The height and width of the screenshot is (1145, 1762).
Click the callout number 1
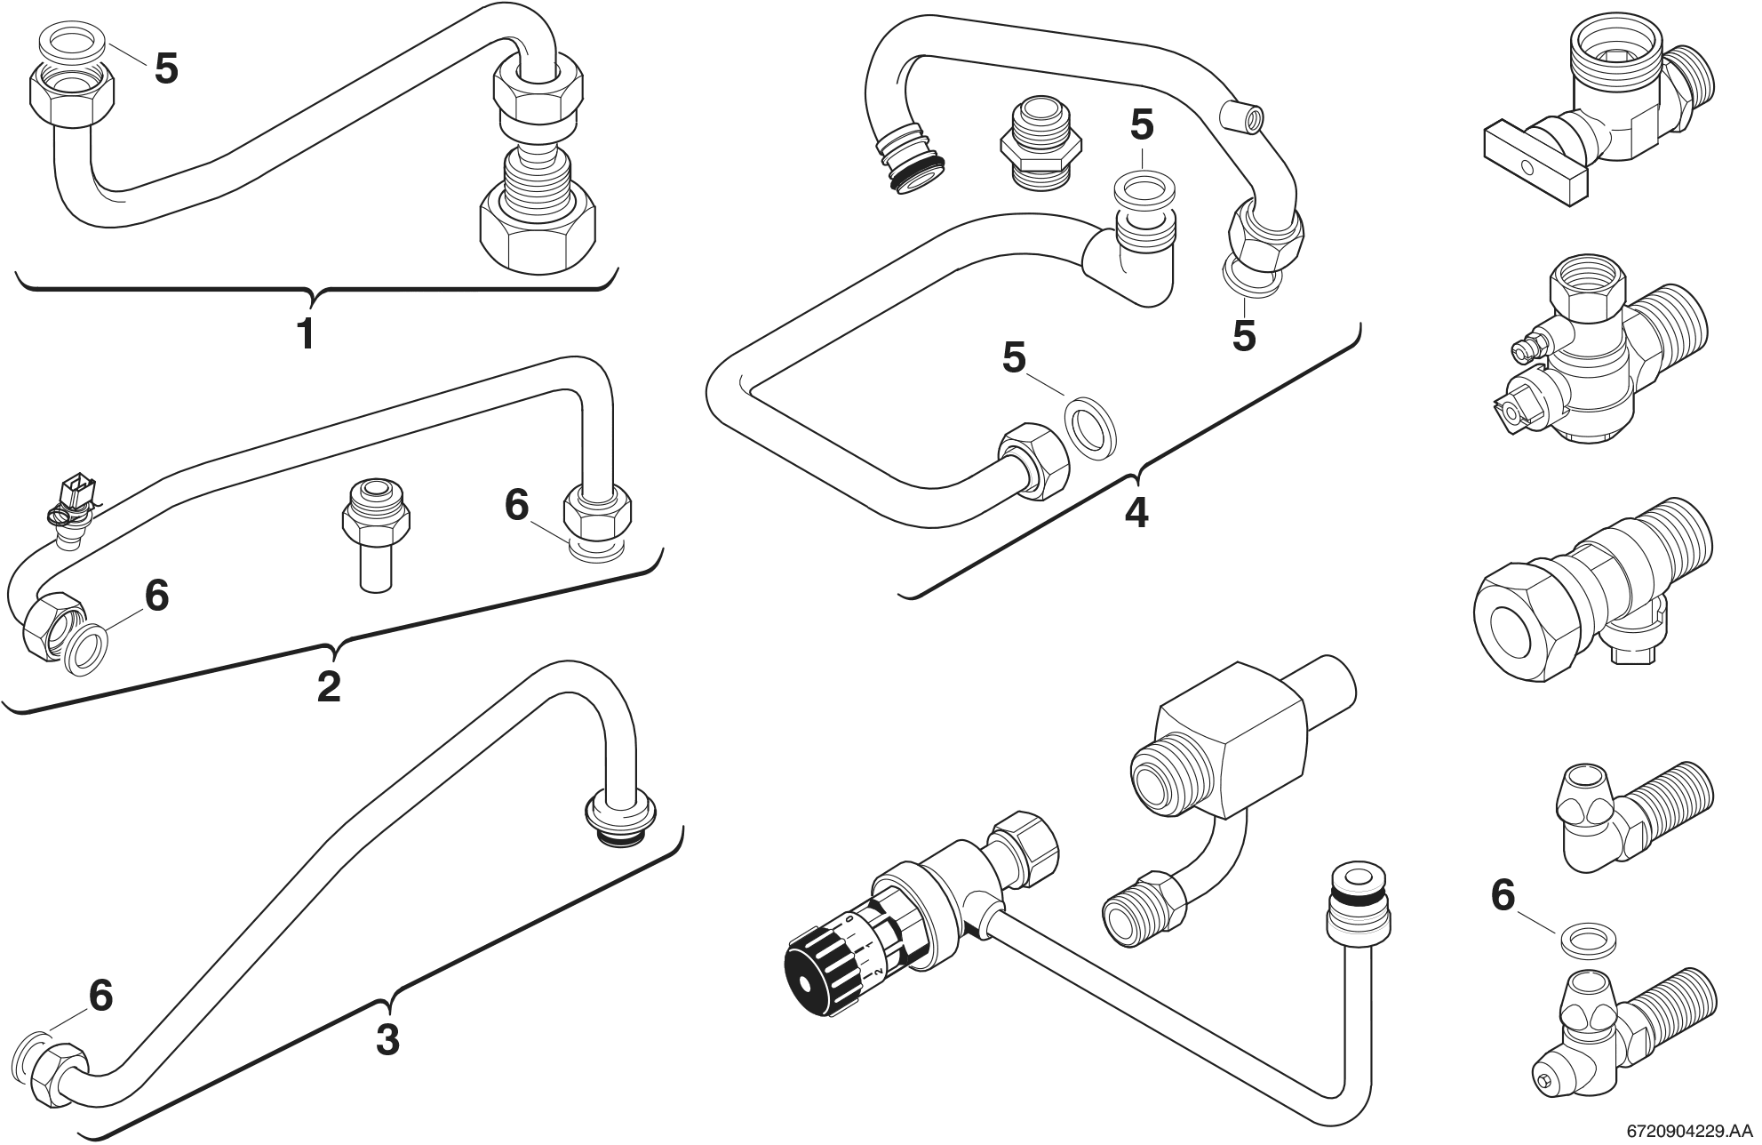pos(305,334)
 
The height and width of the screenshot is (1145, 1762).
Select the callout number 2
pos(329,686)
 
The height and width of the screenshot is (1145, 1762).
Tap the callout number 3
pos(387,1039)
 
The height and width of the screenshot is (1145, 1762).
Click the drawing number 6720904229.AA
pos(1692,1132)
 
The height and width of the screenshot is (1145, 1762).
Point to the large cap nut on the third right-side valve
pos(1520,621)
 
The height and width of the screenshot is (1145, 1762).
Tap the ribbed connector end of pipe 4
pos(907,164)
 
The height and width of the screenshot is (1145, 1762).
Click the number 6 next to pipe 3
pos(100,996)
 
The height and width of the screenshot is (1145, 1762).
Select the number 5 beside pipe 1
pos(166,68)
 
